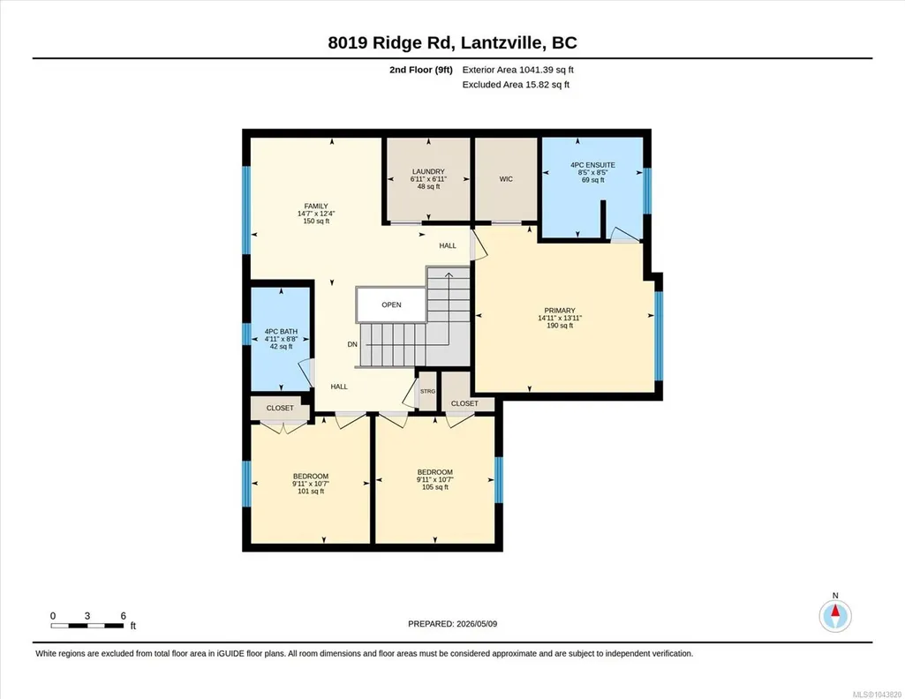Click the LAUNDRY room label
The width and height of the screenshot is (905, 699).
click(x=428, y=171)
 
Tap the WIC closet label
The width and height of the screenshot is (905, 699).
click(x=506, y=179)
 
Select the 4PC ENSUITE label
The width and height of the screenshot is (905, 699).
click(x=592, y=165)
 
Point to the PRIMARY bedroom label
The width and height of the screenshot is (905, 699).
click(x=560, y=311)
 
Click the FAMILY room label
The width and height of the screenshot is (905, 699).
click(x=316, y=206)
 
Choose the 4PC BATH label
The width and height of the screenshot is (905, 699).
click(x=281, y=332)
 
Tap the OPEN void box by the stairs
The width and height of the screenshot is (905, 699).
click(x=391, y=304)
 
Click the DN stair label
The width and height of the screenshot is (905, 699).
click(x=352, y=344)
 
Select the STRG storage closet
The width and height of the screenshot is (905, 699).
click(x=427, y=391)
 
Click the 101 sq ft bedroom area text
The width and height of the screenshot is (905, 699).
click(x=311, y=492)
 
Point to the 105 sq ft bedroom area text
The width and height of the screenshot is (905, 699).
click(x=435, y=487)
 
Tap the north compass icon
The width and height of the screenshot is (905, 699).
click(x=835, y=616)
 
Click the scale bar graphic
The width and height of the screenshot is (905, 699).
click(x=87, y=626)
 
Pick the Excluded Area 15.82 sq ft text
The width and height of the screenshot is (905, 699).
click(x=516, y=84)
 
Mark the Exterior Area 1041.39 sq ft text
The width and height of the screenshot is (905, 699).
click(x=517, y=70)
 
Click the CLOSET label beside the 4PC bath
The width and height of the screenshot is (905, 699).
click(x=280, y=408)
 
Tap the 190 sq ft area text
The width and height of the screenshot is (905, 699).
click(x=560, y=326)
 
